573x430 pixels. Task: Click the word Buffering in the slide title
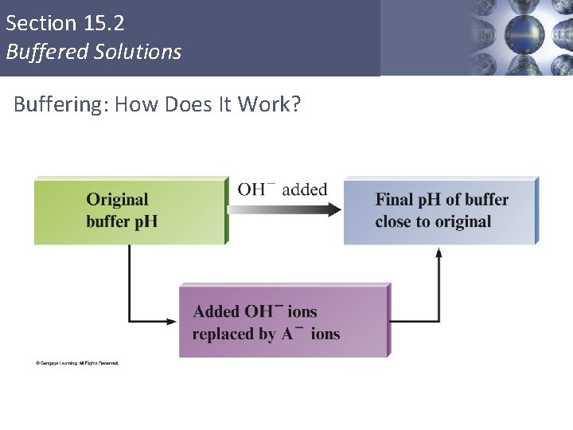point(60,104)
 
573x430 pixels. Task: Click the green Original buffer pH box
point(131,210)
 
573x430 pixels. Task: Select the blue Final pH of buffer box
point(440,210)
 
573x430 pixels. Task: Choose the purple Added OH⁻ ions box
point(284,320)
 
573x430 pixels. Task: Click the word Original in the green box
point(117,199)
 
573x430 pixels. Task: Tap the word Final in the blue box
point(394,199)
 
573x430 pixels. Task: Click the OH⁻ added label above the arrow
point(283,190)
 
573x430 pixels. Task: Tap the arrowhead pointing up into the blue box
point(439,252)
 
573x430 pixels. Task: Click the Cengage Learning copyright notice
point(76,363)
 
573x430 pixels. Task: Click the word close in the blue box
point(392,221)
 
